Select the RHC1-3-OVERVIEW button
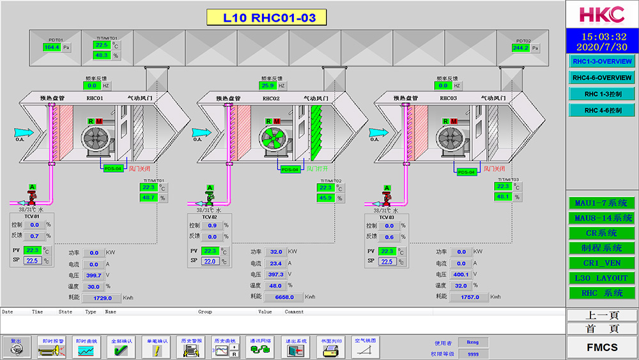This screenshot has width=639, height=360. point(602,61)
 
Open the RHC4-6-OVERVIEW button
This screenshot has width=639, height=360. point(602,77)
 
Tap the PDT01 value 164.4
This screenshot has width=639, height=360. point(51,47)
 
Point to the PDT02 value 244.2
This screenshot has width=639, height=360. point(520,47)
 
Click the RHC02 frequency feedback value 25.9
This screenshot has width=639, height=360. point(267,85)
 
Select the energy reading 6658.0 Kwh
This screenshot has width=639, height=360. point(283,297)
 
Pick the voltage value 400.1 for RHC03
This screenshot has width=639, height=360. point(460,274)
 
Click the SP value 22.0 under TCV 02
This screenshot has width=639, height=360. point(210,261)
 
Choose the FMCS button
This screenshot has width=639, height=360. point(602,347)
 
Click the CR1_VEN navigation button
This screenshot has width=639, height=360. point(601,263)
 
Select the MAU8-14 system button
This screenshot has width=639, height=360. point(601,218)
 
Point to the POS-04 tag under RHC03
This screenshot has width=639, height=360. point(467,172)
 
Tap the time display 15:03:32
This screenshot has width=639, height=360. point(602,36)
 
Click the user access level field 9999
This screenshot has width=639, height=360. point(473,354)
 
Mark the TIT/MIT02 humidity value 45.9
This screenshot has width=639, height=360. point(326,198)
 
